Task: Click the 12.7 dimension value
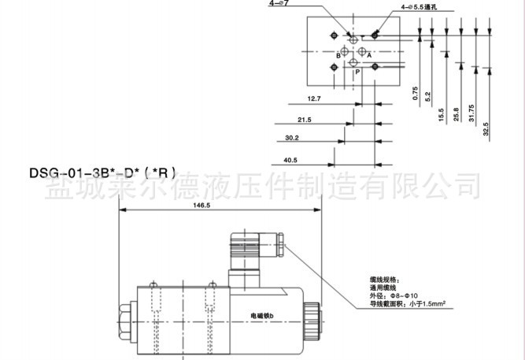[313, 98]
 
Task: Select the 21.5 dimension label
[305, 119]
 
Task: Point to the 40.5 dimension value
[290, 160]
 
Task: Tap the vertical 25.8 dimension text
[456, 114]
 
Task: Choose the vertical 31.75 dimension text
[471, 114]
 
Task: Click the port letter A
[369, 55]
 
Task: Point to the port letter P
[357, 71]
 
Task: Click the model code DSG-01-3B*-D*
[97, 171]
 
